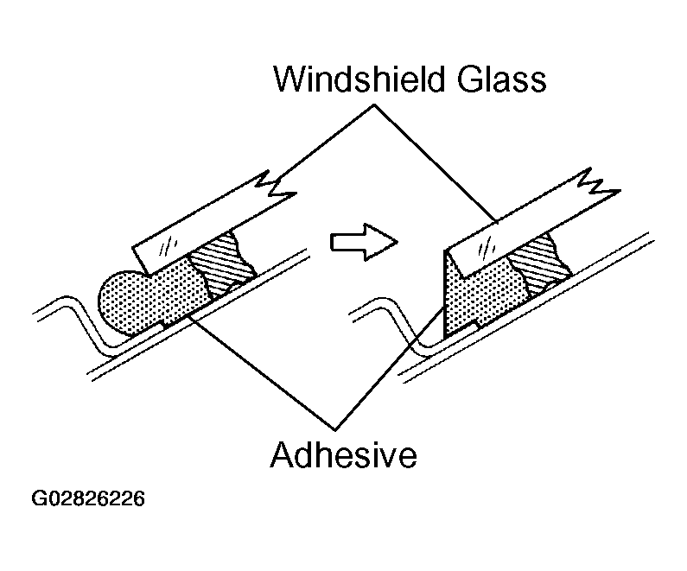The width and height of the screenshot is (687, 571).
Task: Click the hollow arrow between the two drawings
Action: (363, 239)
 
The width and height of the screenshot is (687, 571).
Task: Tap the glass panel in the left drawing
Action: (207, 228)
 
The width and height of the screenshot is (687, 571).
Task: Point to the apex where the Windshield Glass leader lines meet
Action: (374, 105)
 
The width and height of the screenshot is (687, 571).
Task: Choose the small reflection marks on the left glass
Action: (173, 243)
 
